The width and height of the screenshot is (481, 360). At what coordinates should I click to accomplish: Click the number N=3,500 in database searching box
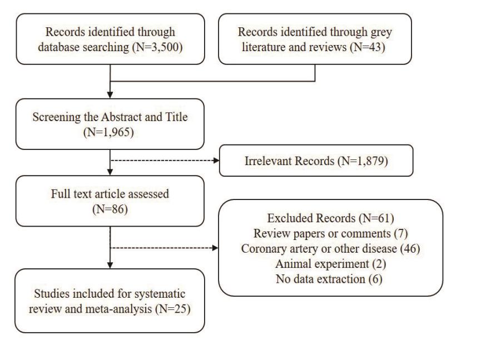[x=158, y=47]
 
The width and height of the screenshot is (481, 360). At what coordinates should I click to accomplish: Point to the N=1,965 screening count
[x=108, y=132]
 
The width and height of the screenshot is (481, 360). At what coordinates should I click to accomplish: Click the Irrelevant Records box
[x=316, y=161]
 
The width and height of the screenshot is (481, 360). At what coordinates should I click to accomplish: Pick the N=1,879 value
[x=363, y=161]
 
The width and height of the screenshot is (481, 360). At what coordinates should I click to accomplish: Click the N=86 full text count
[x=110, y=209]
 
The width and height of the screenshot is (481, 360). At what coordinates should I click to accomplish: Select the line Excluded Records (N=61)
[x=330, y=218]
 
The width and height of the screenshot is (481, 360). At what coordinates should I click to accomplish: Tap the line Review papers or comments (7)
[x=330, y=234]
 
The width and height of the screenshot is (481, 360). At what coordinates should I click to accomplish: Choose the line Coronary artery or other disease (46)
[x=330, y=249]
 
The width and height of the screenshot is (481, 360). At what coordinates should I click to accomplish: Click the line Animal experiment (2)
[x=330, y=264]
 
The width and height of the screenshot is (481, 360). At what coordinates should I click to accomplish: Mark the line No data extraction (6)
[x=329, y=279]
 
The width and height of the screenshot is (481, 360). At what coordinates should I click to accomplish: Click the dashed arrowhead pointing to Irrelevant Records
[x=216, y=160]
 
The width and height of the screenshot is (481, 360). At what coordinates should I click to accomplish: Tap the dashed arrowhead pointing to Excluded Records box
[x=215, y=248]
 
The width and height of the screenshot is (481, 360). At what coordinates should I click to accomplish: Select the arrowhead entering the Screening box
[x=110, y=95]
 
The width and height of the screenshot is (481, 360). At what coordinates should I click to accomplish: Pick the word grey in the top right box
[x=381, y=32]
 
